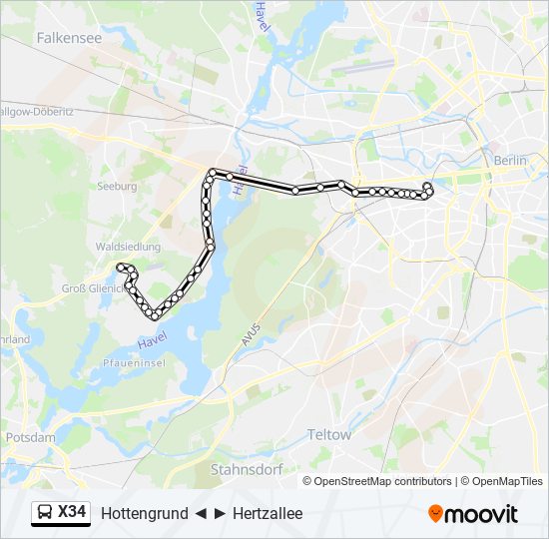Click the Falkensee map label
tap(68, 37)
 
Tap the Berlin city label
tap(509, 160)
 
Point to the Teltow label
tap(329, 435)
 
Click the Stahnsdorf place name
tap(247, 468)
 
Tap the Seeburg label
tap(117, 186)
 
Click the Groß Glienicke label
tap(92, 289)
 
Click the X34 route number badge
tap(72, 513)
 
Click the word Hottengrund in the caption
tap(145, 514)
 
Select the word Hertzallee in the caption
tap(268, 514)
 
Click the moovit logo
tap(473, 513)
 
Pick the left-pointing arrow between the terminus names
tap(201, 514)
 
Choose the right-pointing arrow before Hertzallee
tap(220, 514)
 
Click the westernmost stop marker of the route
tap(121, 267)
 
